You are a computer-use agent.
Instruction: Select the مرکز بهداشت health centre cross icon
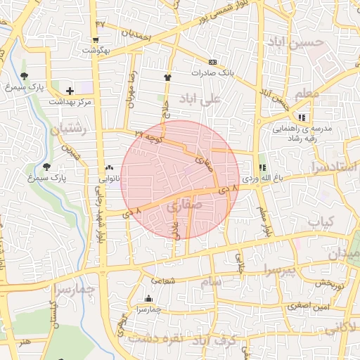tap(70, 91)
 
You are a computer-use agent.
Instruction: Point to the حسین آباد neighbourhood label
tap(295, 42)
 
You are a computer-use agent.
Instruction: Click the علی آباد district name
tap(200, 98)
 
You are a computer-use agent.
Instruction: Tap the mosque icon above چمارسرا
tap(148, 298)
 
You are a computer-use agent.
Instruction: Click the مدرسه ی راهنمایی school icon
tap(302, 117)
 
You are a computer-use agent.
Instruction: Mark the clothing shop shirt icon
tap(167, 77)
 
